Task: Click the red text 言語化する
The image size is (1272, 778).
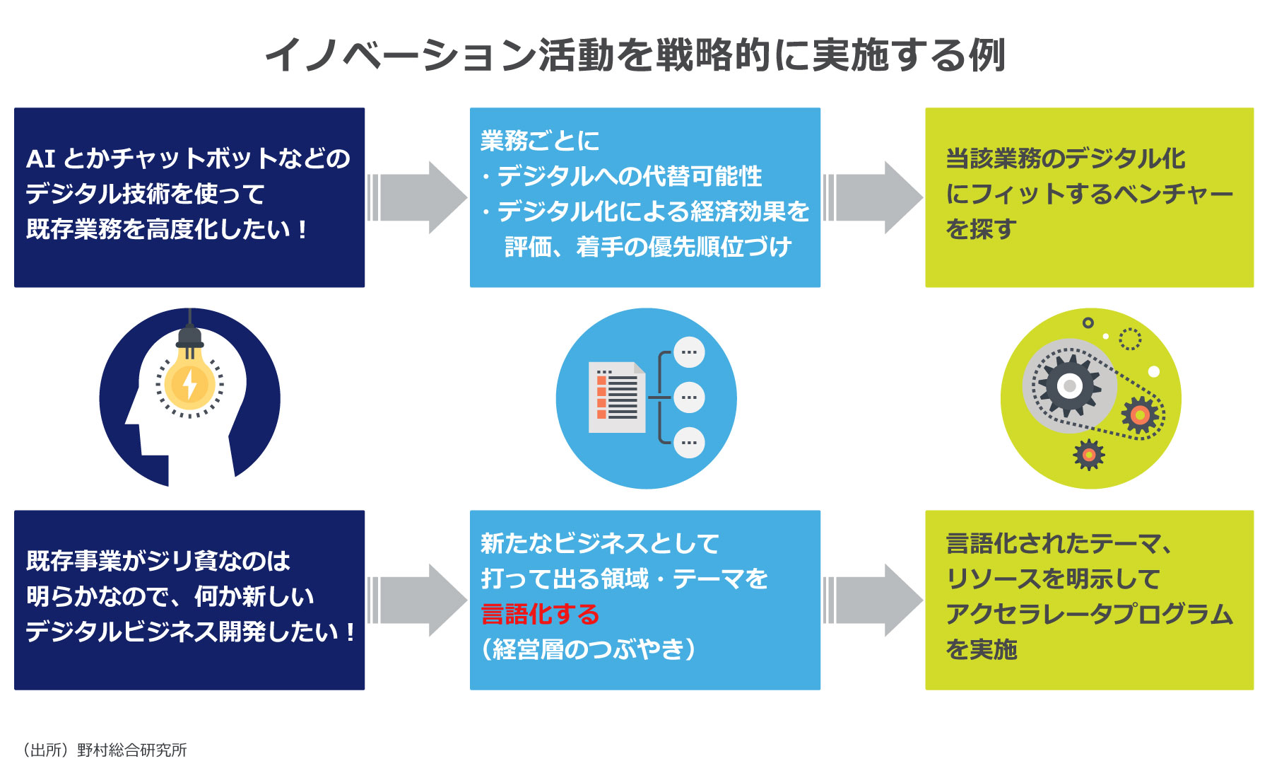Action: click(x=540, y=614)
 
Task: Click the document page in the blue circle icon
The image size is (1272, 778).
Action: click(x=616, y=397)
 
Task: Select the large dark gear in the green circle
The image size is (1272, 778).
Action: click(x=1069, y=386)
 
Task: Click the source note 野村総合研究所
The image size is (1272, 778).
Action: click(x=131, y=750)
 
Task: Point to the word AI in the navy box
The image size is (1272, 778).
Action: click(x=40, y=159)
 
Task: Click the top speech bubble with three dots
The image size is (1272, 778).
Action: click(x=689, y=352)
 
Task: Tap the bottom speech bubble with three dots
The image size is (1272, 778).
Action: click(x=689, y=443)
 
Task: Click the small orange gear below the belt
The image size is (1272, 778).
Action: click(x=1089, y=455)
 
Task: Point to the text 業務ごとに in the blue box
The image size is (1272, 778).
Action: click(x=540, y=141)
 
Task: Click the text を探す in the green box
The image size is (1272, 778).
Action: click(x=982, y=229)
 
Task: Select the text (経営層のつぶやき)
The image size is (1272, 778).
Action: click(x=589, y=649)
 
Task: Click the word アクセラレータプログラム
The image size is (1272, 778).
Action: click(x=1089, y=614)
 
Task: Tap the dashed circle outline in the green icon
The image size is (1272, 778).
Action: click(x=1129, y=339)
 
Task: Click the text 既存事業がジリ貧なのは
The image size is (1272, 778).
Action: click(x=158, y=562)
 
